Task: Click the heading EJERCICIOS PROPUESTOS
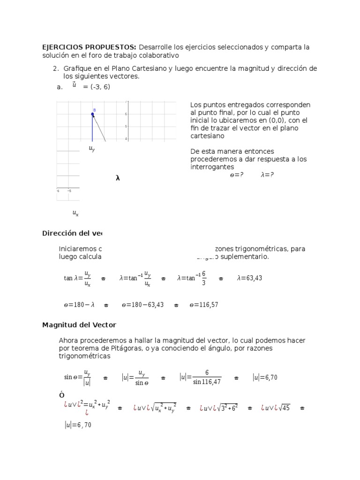tap(89, 47)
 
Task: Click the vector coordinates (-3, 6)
tap(97, 87)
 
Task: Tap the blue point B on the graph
tap(92, 114)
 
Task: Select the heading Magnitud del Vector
tap(79, 324)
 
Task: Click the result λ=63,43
tap(249, 278)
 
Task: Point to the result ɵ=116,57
tap(203, 305)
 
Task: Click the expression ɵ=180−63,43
tap(142, 305)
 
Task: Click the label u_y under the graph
tap(92, 149)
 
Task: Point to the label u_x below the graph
tap(75, 213)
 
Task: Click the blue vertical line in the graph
tap(92, 129)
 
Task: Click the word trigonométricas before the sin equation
tap(84, 356)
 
